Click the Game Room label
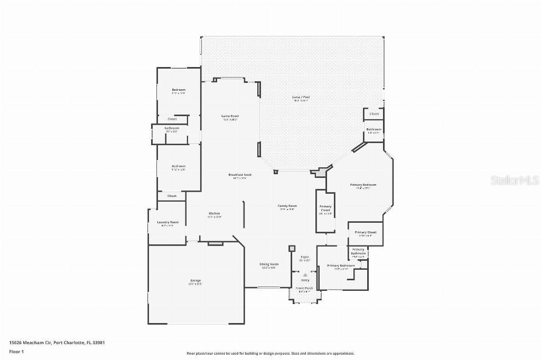coord(230,116)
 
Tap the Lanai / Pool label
coord(301,97)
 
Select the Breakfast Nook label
coord(240,175)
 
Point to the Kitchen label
coord(214,214)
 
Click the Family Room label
coord(287,206)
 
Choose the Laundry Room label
coord(168,222)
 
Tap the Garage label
coord(195,280)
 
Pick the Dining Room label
coord(269,264)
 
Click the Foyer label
coord(305,257)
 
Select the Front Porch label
coord(305,288)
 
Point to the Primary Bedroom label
coord(363,185)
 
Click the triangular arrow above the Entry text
coord(305,275)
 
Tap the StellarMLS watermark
coord(515,181)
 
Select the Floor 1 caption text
coord(16,351)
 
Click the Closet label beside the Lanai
coord(374,113)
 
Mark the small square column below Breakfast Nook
coord(275,172)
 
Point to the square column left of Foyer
coord(291,248)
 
